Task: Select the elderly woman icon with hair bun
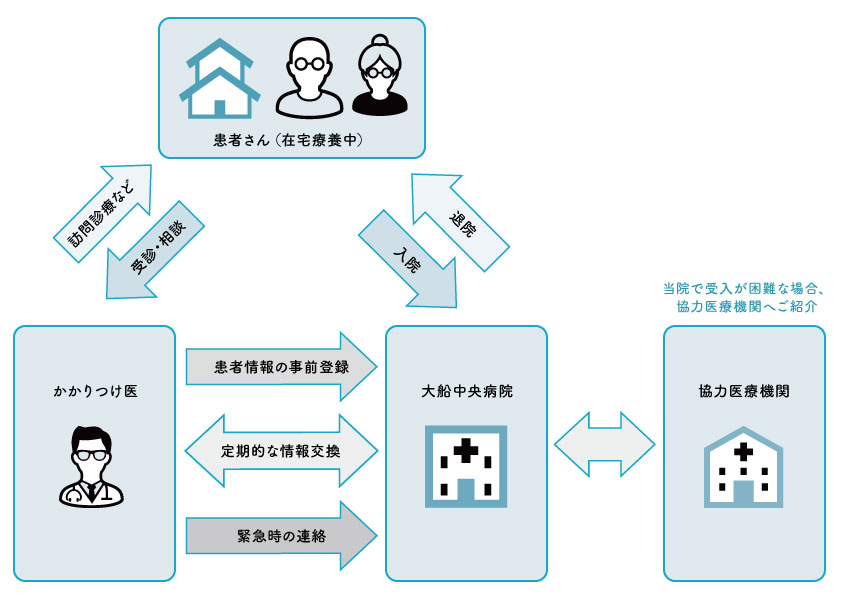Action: coord(382,77)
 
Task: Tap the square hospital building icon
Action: coord(466,464)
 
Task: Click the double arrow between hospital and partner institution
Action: coord(605,441)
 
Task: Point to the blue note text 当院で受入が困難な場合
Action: coord(744,289)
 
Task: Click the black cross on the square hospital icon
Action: coord(466,452)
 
